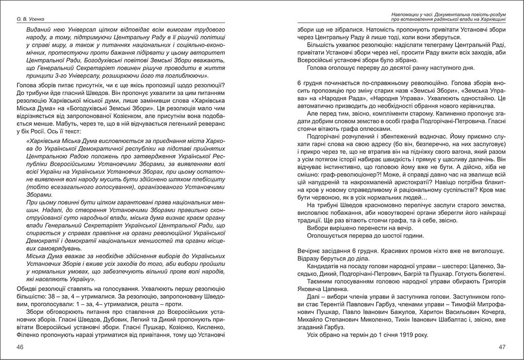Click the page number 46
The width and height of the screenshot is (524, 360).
click(20, 347)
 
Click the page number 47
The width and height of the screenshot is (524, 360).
click(502, 347)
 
